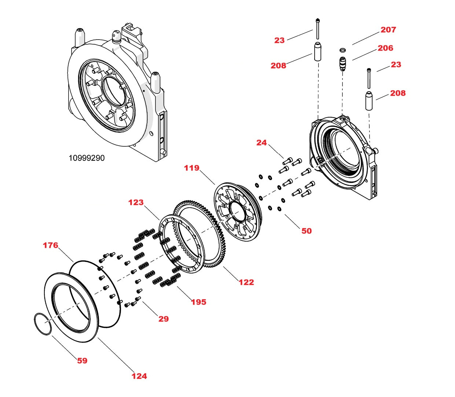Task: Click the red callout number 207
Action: point(388,30)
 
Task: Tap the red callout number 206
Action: point(385,48)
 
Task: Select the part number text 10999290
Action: point(87,158)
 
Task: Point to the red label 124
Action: point(139,376)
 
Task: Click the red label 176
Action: point(50,245)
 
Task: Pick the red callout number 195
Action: point(198,302)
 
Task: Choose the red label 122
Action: point(246,282)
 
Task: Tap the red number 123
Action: point(136,202)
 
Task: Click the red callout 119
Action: point(191,168)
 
